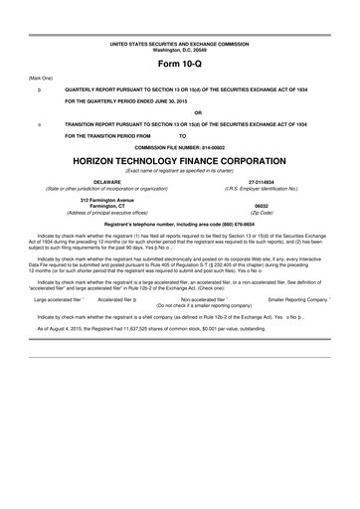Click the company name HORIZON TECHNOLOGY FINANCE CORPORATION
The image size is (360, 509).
pos(179,159)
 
